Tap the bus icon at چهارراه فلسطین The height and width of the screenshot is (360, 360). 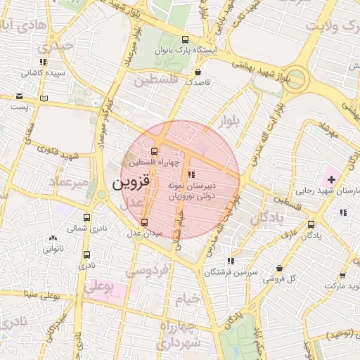point(154,151)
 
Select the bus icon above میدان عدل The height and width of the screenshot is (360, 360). point(145,222)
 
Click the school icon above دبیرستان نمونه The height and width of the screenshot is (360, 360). point(191,174)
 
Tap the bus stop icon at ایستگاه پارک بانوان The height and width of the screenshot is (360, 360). point(185,40)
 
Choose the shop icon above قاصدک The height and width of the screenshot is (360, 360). point(198,71)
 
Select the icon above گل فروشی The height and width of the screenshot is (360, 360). point(280,269)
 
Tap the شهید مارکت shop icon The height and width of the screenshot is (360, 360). point(342,276)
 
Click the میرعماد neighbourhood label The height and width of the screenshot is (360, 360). point(68,181)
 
